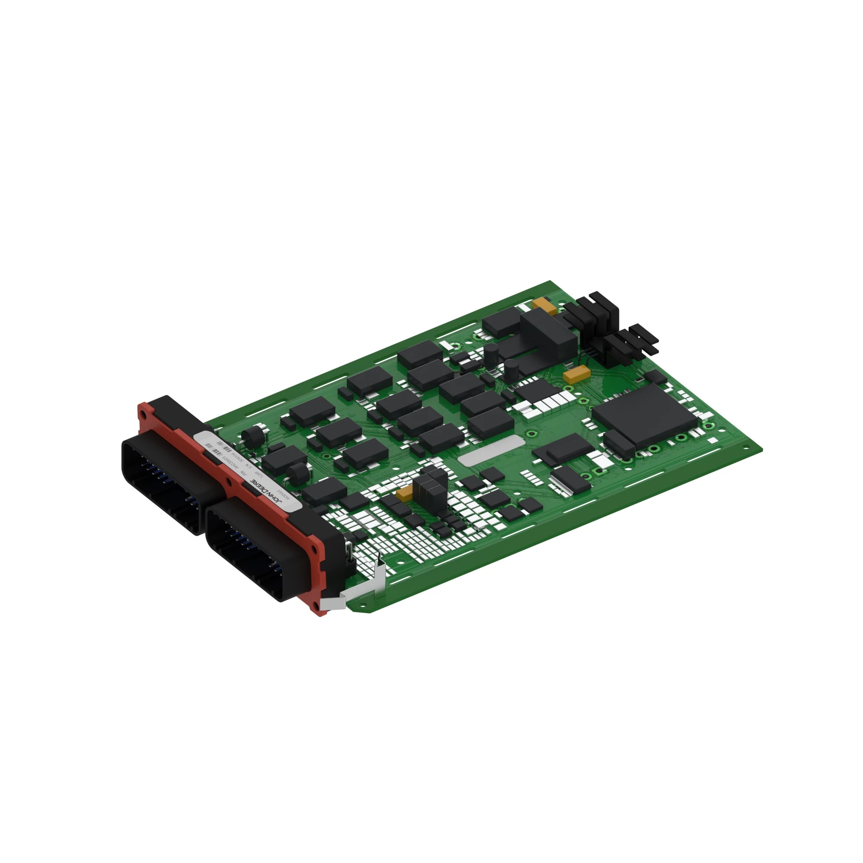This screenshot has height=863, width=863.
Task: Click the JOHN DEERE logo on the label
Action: point(267,491)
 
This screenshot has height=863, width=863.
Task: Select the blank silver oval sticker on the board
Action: point(491,452)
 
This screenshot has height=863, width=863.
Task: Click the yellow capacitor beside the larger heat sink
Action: point(544,306)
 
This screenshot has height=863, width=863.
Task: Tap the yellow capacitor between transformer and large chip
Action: point(576,374)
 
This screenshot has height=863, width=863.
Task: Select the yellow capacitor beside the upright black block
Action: point(405,493)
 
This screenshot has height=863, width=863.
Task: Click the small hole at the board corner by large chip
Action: point(745,448)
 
